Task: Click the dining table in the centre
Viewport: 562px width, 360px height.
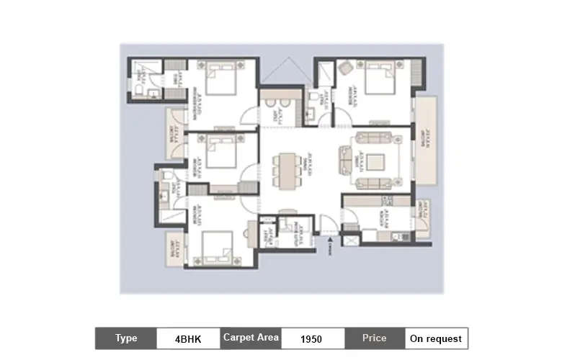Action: (286, 171)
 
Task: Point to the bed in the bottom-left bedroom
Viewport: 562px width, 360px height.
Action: (217, 246)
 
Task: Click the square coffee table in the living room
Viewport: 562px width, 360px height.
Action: (374, 161)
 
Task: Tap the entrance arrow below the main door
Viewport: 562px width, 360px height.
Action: (328, 243)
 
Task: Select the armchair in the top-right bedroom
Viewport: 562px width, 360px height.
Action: (344, 69)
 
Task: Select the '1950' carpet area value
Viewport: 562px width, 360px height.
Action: (311, 338)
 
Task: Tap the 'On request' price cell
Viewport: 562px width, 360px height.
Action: (435, 338)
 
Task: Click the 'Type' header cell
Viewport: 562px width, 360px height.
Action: (126, 338)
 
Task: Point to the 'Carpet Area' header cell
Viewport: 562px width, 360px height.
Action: (250, 338)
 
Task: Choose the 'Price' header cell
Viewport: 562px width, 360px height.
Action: (374, 338)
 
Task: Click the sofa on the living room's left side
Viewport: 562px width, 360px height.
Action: (346, 160)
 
